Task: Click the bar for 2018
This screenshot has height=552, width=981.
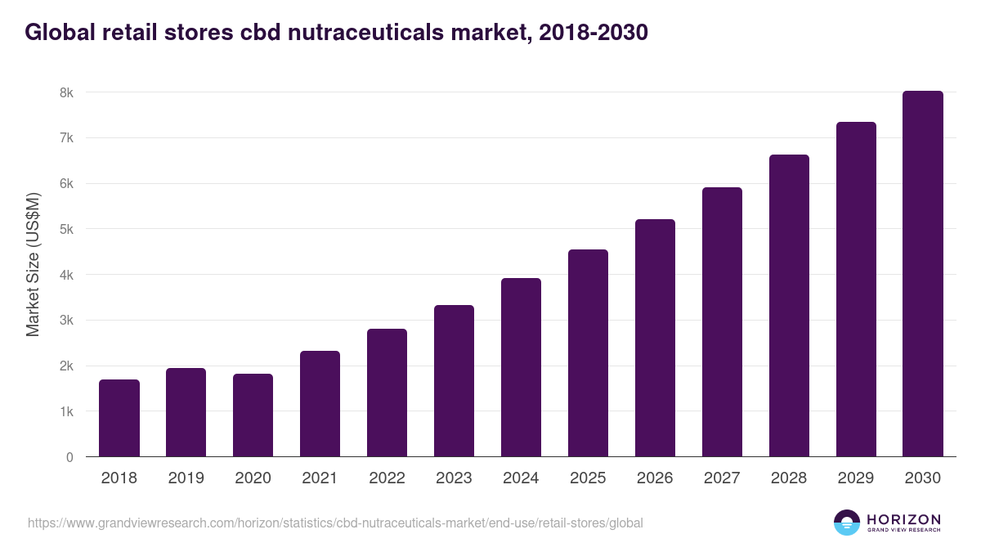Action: click(119, 418)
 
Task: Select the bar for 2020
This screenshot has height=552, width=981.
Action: click(253, 415)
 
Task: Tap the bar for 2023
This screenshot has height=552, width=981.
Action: click(454, 381)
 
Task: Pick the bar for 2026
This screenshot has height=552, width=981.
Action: click(655, 338)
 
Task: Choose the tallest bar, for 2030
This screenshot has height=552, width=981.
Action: click(923, 274)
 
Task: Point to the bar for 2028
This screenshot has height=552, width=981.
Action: click(789, 306)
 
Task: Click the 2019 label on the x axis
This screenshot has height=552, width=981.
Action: click(186, 478)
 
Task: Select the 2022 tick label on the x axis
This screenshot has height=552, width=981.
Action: click(387, 478)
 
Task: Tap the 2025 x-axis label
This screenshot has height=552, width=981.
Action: click(588, 478)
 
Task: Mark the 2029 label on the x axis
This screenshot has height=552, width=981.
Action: click(856, 478)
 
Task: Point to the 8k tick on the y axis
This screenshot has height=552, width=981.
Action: click(66, 92)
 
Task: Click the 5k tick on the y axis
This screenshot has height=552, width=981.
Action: click(66, 229)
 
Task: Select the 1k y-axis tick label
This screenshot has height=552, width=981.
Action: click(66, 411)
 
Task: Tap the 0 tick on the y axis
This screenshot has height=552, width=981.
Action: click(69, 457)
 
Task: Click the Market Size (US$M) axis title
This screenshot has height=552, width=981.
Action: click(33, 265)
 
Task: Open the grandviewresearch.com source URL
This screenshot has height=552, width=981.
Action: click(335, 523)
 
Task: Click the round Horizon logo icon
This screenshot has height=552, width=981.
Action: click(847, 523)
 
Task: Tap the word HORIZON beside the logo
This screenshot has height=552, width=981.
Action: click(903, 518)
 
